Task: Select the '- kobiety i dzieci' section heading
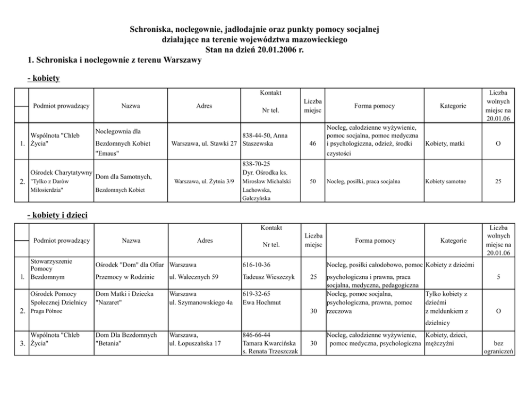point(57,215)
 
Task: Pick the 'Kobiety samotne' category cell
point(446,181)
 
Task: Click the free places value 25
point(498,181)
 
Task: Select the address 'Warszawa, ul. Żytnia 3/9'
point(204,181)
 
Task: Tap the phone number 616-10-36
point(257,264)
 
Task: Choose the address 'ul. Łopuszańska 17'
point(194,343)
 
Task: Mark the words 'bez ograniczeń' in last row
point(498,347)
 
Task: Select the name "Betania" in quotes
point(108,343)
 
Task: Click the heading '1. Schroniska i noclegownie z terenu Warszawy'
point(114,60)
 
